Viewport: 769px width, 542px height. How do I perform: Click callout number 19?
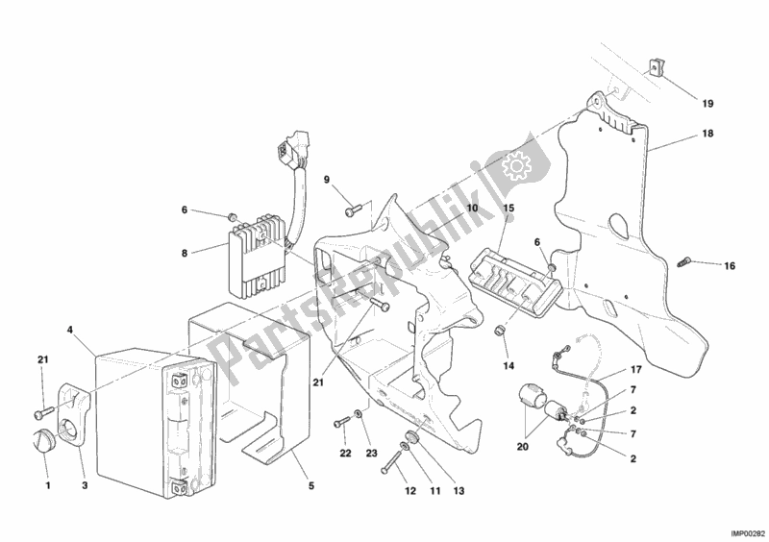(707, 103)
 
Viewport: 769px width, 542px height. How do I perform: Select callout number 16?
(730, 265)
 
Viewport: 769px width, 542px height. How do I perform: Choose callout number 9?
(326, 180)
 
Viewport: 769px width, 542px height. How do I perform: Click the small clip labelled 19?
(657, 69)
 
